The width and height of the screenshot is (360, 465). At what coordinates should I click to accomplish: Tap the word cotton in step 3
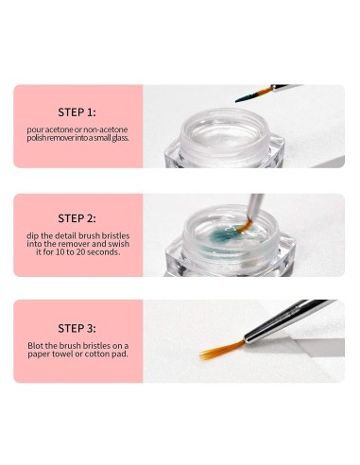click(x=102, y=354)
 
